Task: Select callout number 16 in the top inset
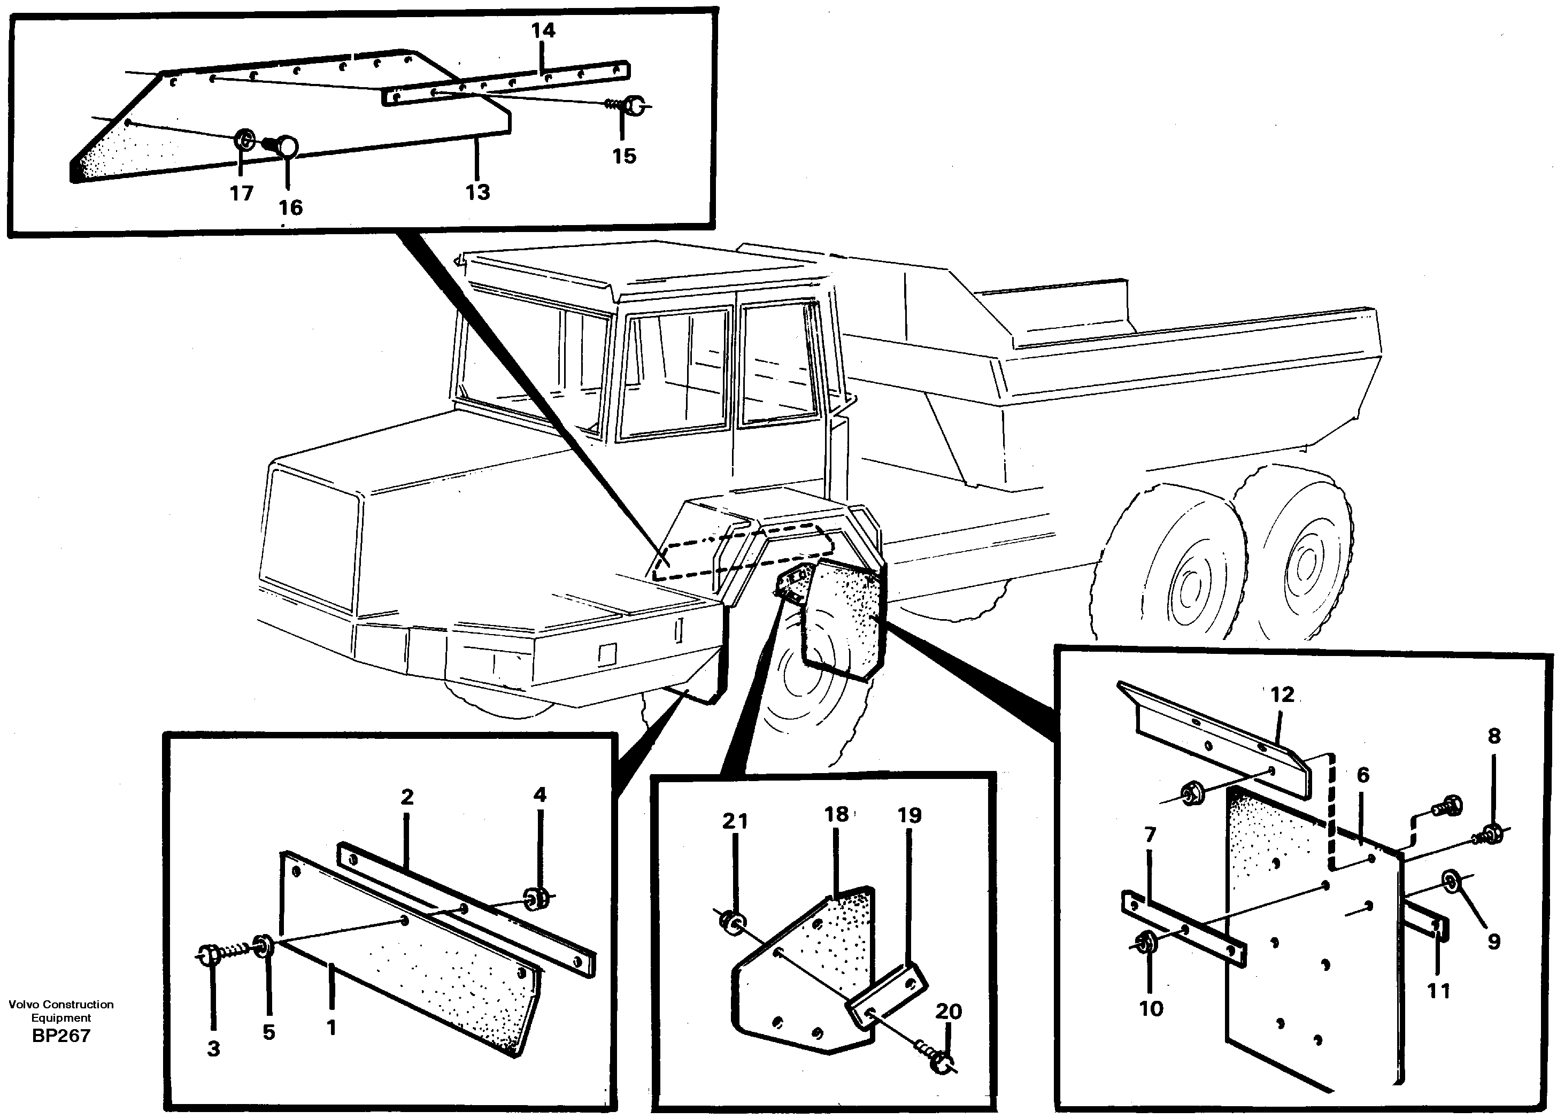point(290,207)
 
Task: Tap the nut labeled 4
point(535,897)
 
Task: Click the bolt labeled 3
point(208,954)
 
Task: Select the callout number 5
point(268,1032)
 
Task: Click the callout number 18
point(836,814)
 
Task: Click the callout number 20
point(948,1010)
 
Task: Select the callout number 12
point(1282,694)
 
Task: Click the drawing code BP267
point(61,1035)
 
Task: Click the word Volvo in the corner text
point(24,1005)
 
